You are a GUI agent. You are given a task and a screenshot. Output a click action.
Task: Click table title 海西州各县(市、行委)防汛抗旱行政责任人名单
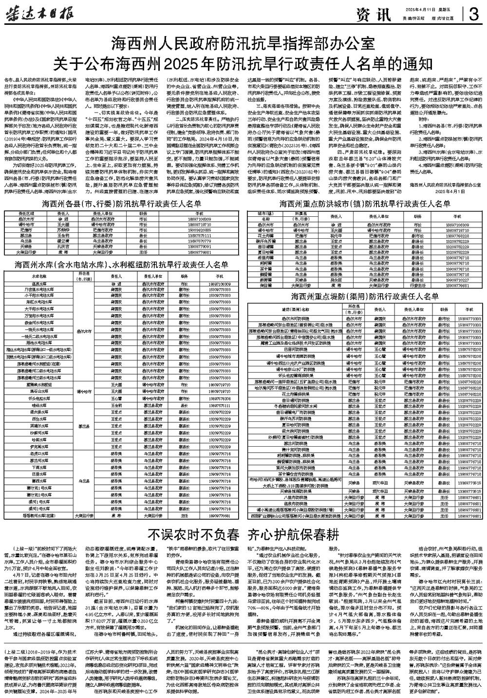tap(121, 203)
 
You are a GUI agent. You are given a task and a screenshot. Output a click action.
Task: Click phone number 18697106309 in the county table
tap(199, 219)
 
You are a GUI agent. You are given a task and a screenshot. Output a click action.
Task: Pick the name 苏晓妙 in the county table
tap(63, 229)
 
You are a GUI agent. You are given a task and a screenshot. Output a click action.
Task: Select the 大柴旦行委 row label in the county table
tap(26, 253)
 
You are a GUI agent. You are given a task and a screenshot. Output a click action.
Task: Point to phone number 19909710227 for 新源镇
tap(456, 280)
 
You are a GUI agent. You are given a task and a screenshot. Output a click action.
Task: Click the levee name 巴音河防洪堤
tap(296, 349)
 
